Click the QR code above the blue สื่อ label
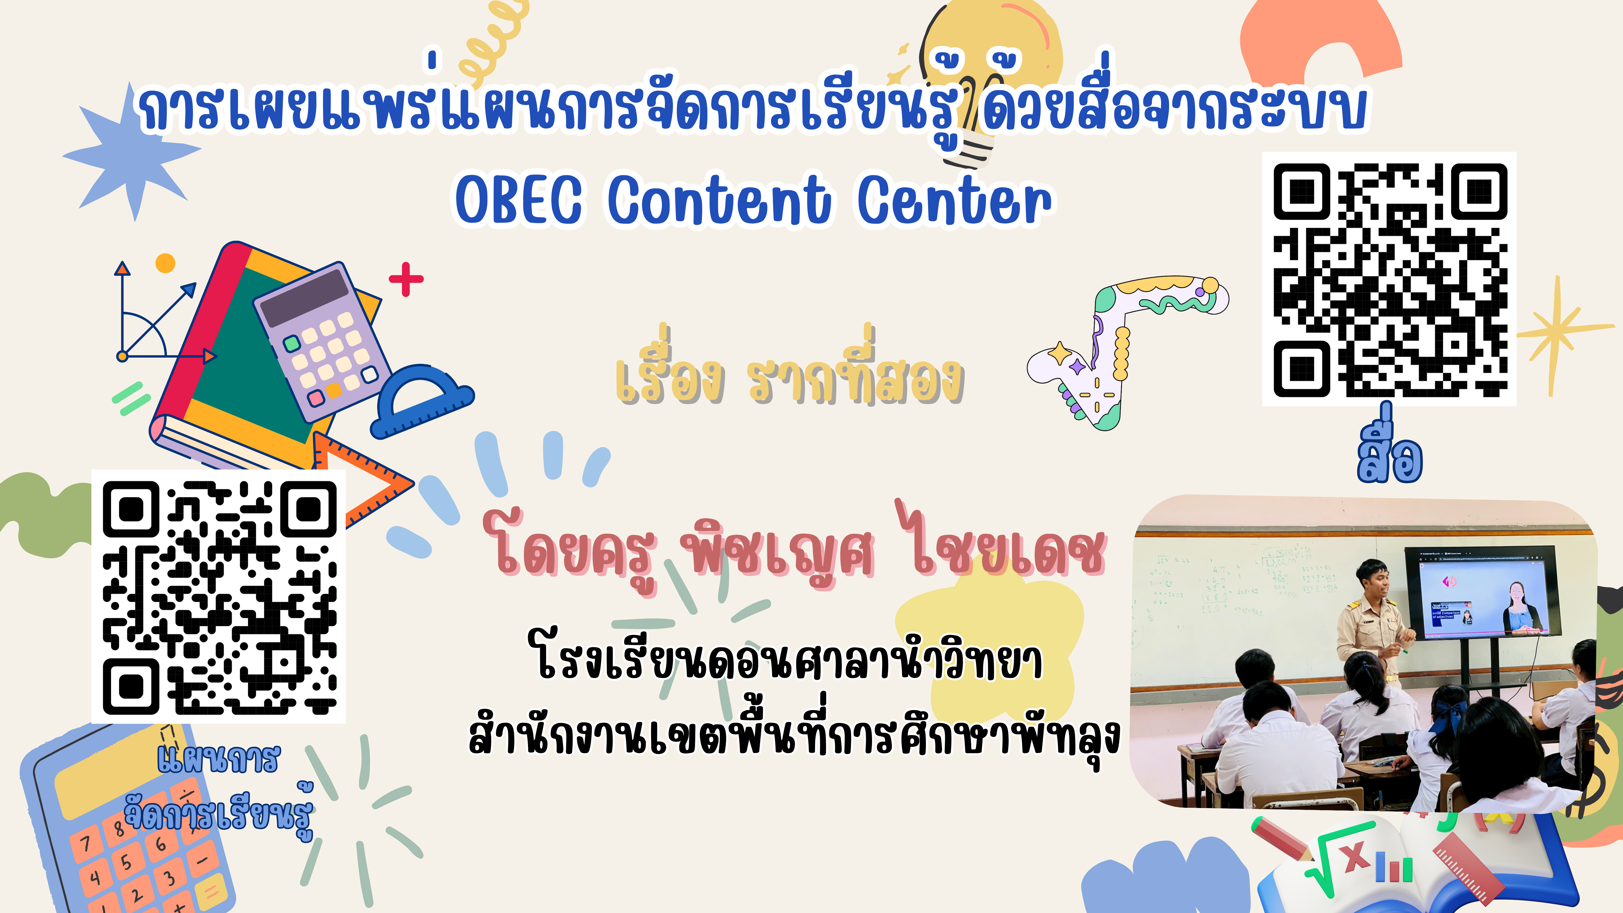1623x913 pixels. coord(1389,279)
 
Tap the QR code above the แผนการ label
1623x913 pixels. coord(219,597)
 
